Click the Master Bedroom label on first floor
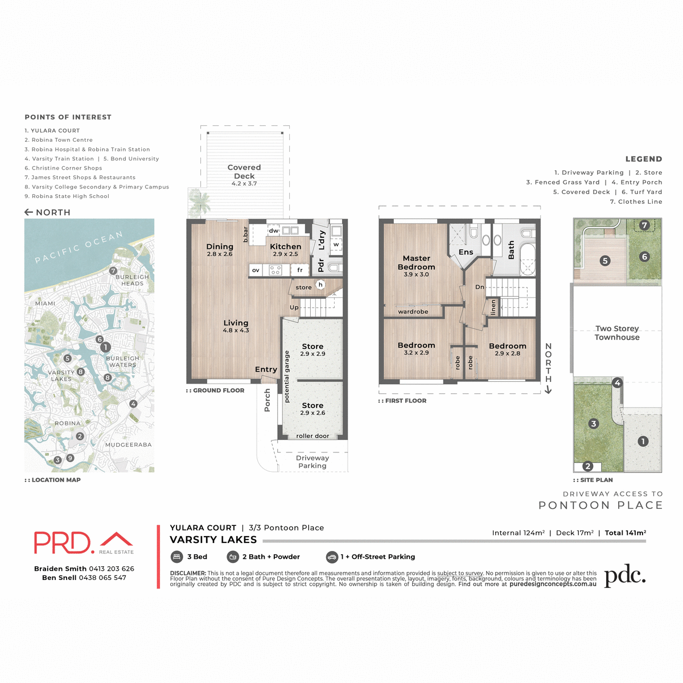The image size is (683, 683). click(416, 263)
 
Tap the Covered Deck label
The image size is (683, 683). click(244, 171)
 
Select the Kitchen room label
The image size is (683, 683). click(285, 247)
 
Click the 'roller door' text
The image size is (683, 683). click(312, 436)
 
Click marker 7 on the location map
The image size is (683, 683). click(113, 271)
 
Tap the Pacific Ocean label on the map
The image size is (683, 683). click(79, 247)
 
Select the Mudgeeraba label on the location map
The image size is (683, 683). click(128, 445)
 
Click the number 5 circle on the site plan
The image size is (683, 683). click(605, 261)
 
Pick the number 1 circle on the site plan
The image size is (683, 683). click(643, 441)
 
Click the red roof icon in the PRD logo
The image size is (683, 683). click(116, 539)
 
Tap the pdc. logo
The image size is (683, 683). click(624, 576)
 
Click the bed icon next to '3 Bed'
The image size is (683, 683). click(176, 557)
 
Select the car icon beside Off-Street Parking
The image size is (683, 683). click(332, 557)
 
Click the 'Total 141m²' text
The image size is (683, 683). click(625, 533)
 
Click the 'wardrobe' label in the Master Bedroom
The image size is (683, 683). click(413, 311)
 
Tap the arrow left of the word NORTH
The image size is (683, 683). click(28, 212)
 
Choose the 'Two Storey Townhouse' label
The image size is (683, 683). click(617, 333)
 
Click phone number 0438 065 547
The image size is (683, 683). click(102, 578)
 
